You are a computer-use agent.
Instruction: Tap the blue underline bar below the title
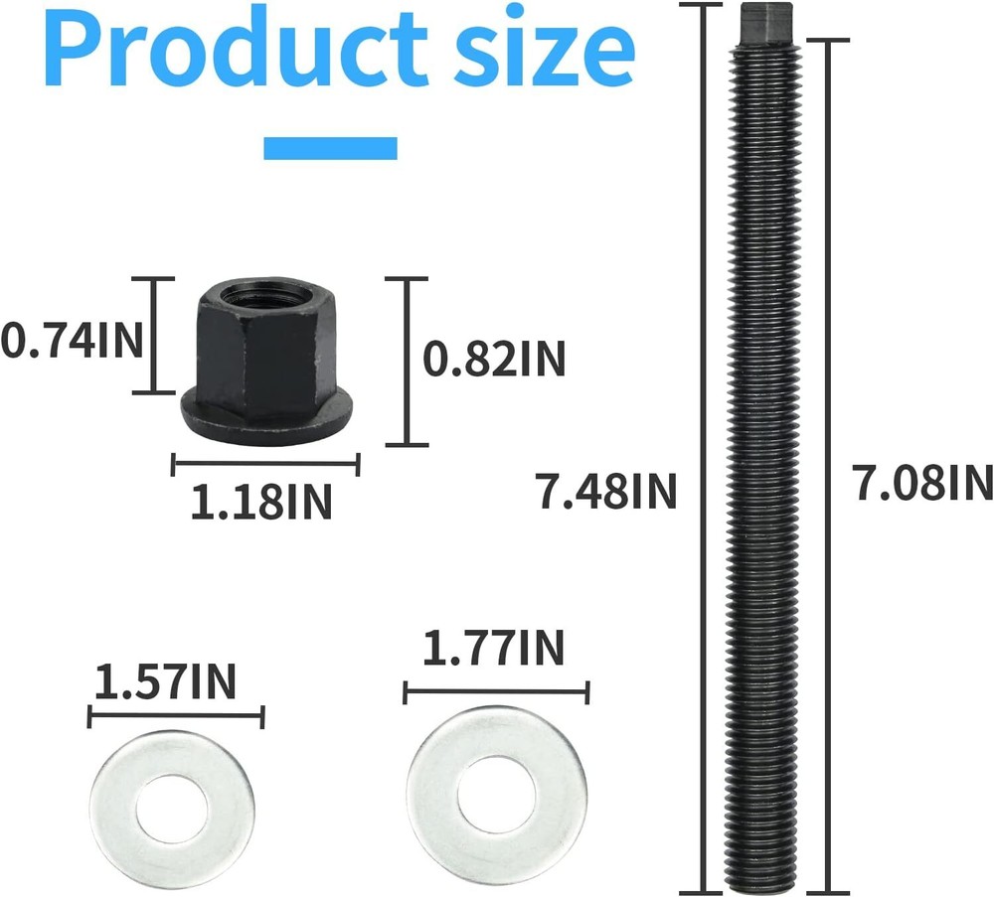[330, 148]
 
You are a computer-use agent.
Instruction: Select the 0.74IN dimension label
[72, 341]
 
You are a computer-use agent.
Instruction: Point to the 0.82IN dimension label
[494, 360]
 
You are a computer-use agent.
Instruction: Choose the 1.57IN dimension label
[166, 682]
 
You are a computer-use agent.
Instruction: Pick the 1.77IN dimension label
[493, 649]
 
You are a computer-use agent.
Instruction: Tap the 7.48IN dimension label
[607, 491]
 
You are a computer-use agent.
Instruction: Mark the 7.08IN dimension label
[922, 484]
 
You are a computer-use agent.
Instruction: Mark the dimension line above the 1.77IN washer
[496, 692]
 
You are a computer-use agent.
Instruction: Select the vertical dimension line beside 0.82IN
[407, 362]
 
